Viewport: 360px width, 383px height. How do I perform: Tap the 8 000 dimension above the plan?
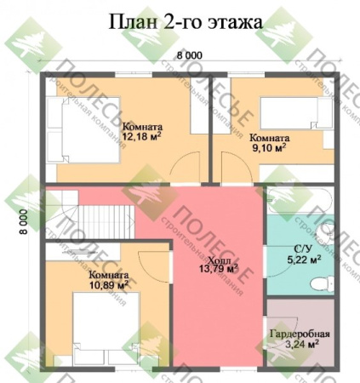[190, 55]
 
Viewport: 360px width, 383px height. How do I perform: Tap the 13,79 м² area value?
[220, 270]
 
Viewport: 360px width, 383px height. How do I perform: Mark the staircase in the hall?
[94, 218]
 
